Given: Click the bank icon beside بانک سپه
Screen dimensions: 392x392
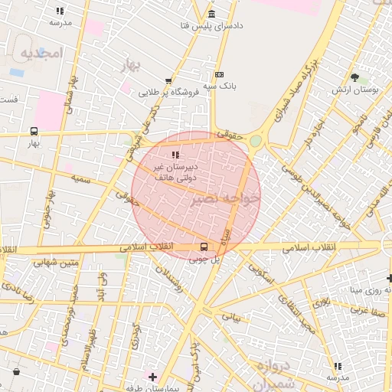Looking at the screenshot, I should tap(220, 75).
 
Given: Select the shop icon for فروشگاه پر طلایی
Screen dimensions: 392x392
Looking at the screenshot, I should tap(168, 80).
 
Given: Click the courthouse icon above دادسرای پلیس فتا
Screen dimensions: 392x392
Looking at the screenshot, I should tap(211, 15).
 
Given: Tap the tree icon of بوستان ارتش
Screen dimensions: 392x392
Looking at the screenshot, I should tap(354, 77).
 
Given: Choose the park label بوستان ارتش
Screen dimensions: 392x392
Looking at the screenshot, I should tap(356, 90).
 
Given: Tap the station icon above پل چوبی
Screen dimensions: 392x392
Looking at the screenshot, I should tap(204, 247).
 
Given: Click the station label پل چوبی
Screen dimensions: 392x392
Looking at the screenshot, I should tap(204, 260).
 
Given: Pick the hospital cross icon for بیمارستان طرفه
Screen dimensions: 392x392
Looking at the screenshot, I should tap(153, 377).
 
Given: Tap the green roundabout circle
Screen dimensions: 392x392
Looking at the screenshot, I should tap(255, 140).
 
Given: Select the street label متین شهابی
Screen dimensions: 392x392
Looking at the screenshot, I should tap(55, 263).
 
